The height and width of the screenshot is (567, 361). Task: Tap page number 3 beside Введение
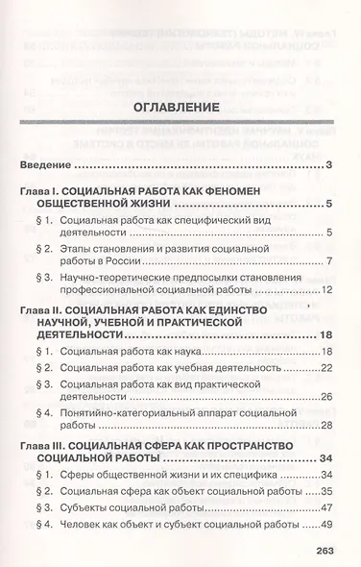pos(328,168)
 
